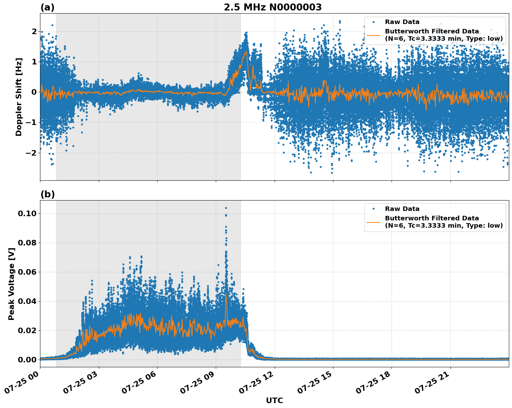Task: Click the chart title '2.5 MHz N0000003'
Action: pos(273,7)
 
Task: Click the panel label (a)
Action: pos(47,7)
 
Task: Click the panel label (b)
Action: pos(47,194)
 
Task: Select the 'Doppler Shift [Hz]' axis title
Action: pos(19,97)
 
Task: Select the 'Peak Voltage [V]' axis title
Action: pos(11,284)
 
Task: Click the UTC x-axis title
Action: pos(274,400)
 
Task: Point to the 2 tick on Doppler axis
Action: pos(34,32)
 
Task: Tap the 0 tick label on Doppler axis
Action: pos(34,92)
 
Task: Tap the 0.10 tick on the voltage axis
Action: pos(27,213)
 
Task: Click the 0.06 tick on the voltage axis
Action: pos(27,272)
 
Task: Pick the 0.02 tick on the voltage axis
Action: pos(27,330)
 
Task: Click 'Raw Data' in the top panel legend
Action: pos(402,22)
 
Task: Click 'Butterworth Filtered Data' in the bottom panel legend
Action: pos(432,218)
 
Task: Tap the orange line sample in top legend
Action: pos(373,35)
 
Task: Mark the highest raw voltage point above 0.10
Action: pos(226,208)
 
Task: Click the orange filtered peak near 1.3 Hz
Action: pos(246,52)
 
